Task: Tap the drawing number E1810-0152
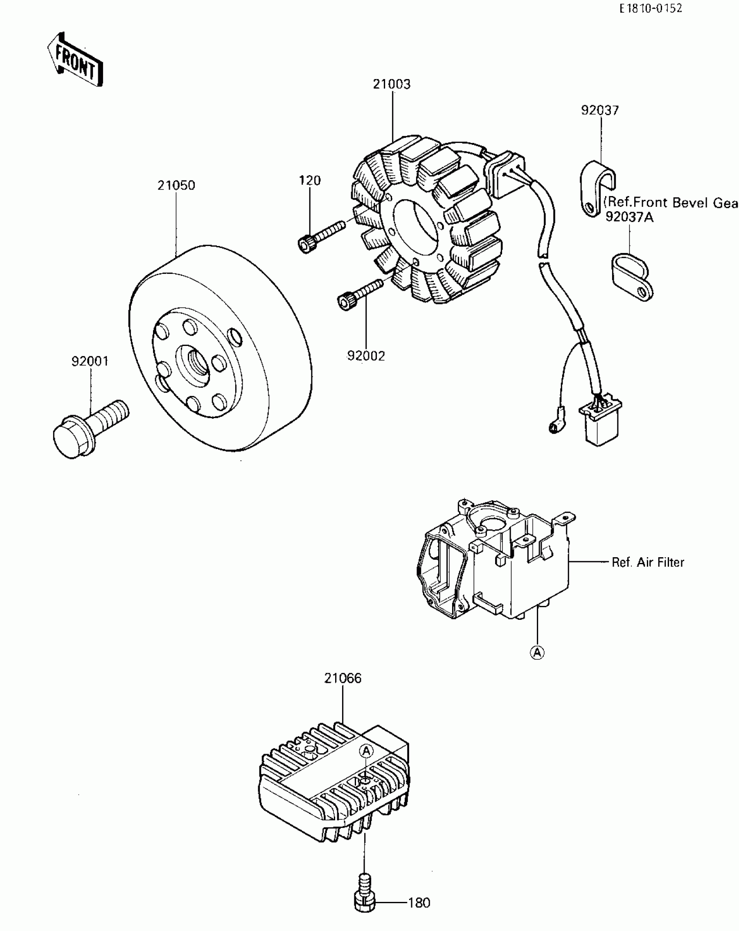click(651, 8)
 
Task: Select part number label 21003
click(391, 84)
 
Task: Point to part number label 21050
click(176, 186)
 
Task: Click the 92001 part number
click(90, 361)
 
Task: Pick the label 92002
click(366, 356)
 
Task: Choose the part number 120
click(310, 180)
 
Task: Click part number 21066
click(343, 678)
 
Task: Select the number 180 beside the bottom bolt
click(419, 903)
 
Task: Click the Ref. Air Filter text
click(648, 562)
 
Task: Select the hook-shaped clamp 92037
click(597, 187)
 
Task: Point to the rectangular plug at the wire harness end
click(600, 425)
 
